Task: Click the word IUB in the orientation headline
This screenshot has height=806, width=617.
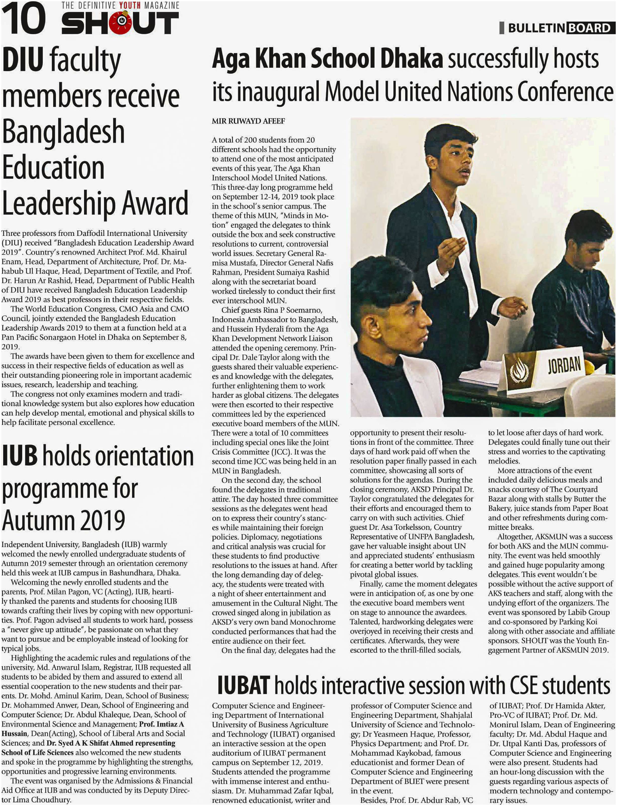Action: pyautogui.click(x=20, y=456)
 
